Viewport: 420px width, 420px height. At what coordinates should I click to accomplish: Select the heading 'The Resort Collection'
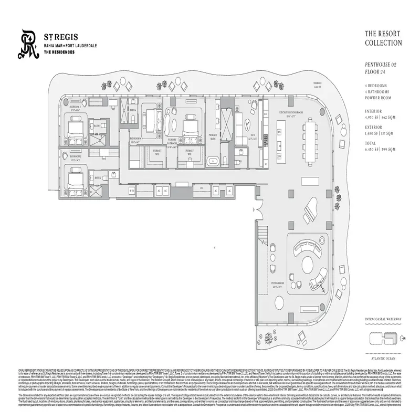[x=383, y=38]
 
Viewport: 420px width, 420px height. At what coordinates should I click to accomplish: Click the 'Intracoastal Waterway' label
[x=383, y=319]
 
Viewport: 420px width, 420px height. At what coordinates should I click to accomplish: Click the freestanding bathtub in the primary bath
[x=214, y=161]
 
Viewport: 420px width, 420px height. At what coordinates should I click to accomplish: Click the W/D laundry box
[x=279, y=155]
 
